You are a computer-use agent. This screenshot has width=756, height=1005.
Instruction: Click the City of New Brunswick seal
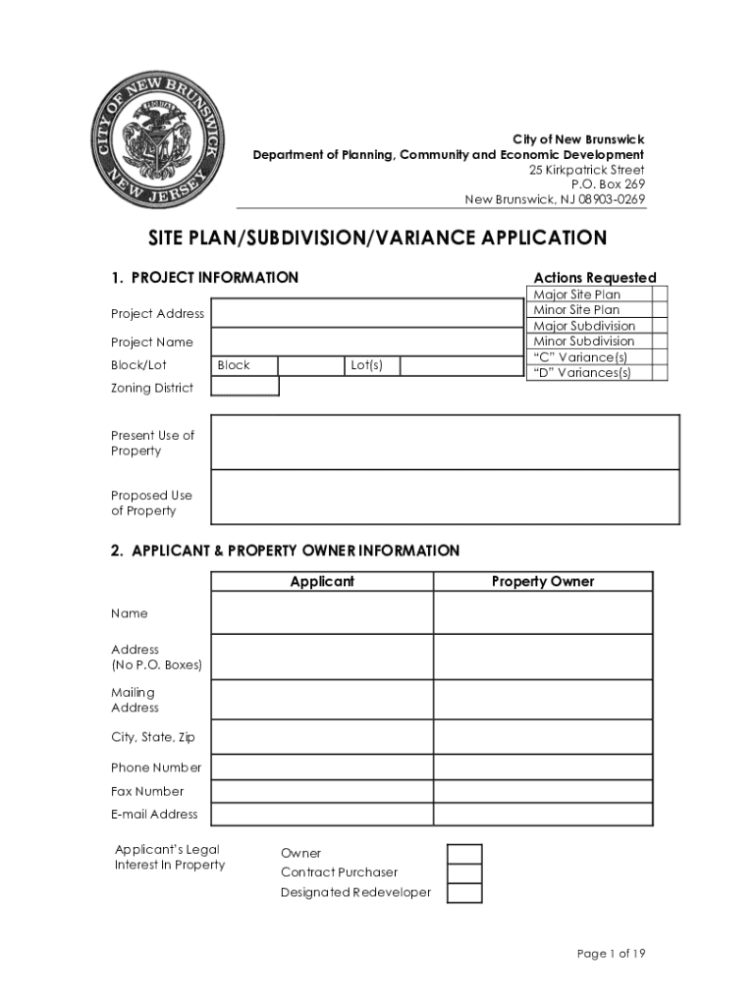(x=157, y=139)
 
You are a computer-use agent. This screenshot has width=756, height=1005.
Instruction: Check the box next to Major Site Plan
(x=660, y=294)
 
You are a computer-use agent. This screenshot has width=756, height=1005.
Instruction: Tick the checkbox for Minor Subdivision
(x=660, y=342)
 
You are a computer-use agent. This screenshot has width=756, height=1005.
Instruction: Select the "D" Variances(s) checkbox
(x=660, y=373)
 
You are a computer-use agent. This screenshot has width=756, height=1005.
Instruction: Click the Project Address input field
(x=367, y=313)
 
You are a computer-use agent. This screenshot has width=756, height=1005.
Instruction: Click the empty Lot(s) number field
(x=461, y=366)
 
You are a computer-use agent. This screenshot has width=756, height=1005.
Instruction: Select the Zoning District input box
(x=245, y=387)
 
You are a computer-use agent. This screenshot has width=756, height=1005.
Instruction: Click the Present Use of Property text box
(x=445, y=443)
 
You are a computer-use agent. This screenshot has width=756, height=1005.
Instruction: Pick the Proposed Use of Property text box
(x=445, y=498)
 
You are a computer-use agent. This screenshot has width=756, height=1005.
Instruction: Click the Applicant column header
(x=322, y=582)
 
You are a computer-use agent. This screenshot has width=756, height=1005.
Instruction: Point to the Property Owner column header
(x=543, y=582)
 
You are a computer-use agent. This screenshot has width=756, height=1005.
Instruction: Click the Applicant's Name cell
(x=322, y=613)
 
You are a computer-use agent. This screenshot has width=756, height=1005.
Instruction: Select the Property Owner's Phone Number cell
(x=543, y=767)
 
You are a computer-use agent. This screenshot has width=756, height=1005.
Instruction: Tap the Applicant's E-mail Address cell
(x=322, y=815)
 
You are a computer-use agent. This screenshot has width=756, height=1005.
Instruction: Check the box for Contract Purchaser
(x=464, y=873)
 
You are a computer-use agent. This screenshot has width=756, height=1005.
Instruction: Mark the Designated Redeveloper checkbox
(x=464, y=893)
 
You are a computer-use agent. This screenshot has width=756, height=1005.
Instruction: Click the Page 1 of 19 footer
(x=610, y=954)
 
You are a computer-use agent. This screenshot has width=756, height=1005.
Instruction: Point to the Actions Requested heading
(x=595, y=278)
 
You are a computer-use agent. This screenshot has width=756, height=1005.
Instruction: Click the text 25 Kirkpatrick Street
(x=587, y=170)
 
